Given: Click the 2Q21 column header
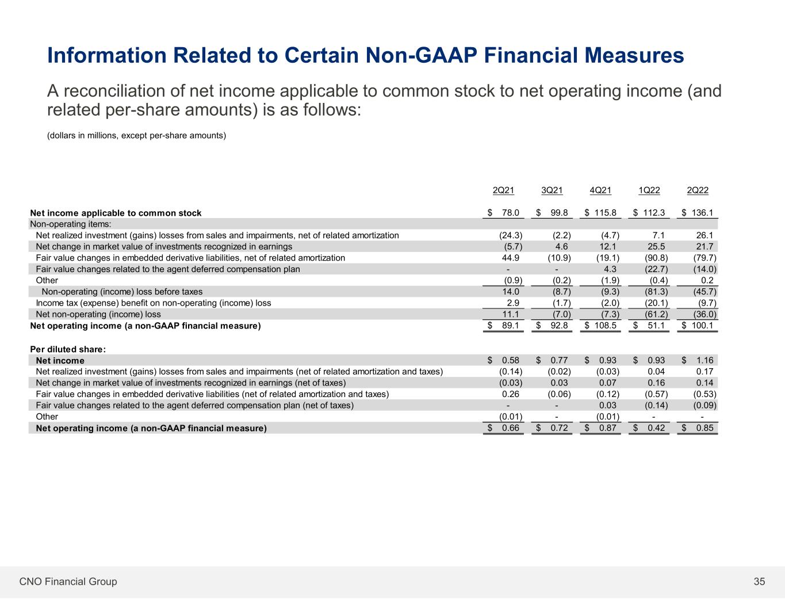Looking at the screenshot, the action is tap(503, 190).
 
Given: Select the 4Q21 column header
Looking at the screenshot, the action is tap(600, 190).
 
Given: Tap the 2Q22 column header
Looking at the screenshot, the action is tap(698, 190).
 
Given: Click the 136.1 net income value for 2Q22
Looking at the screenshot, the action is tap(702, 213).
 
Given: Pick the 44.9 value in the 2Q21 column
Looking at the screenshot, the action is tap(511, 258).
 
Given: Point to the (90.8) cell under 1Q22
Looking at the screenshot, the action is tap(656, 258).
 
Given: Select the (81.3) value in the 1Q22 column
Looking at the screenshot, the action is tap(656, 292).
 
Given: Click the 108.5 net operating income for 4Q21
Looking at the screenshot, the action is tap(605, 326).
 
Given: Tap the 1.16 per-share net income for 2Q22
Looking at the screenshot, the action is tap(705, 360).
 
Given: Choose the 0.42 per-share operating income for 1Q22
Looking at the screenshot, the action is tap(656, 428).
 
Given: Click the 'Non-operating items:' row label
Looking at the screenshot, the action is tap(70, 224).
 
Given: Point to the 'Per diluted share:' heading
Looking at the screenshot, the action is tap(68, 349).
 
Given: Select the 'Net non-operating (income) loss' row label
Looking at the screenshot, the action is tap(98, 314).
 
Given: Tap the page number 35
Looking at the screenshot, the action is tap(759, 581).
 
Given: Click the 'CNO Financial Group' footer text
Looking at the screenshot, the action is tap(68, 581).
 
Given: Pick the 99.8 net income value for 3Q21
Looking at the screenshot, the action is tap(559, 213).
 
